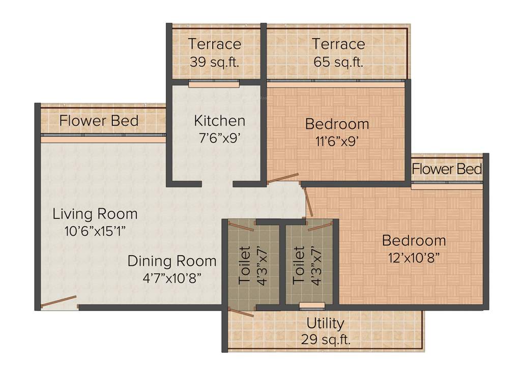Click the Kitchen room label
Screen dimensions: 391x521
[219, 121]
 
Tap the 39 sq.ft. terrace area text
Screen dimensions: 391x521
[214, 62]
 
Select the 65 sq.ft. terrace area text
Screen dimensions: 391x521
[338, 62]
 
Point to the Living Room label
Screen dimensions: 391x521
[95, 214]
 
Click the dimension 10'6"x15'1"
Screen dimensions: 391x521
[95, 231]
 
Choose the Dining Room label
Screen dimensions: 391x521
[171, 261]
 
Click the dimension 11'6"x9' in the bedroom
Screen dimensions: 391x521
[337, 141]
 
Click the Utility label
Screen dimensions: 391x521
[325, 323]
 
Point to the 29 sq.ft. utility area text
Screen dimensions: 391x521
[325, 339]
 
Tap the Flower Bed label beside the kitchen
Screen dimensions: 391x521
[99, 121]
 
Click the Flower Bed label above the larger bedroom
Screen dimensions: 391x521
[447, 169]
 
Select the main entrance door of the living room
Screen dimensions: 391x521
[59, 302]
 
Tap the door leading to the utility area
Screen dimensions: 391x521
[241, 312]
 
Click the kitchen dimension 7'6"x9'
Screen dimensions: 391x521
[219, 137]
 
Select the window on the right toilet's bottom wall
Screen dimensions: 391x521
[312, 305]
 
